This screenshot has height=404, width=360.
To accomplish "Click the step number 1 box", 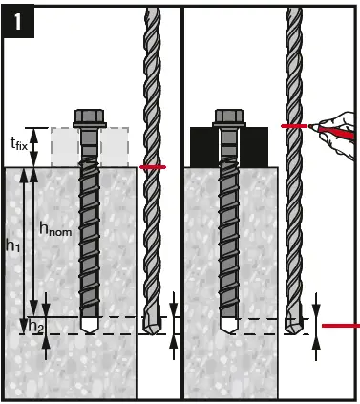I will pos(19,19).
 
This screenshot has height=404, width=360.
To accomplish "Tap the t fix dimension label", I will pos(18,144).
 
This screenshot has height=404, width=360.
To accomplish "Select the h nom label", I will pos(54,228).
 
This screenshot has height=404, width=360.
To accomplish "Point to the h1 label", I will pos(13,245).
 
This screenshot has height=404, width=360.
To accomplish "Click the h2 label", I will pos(36,327).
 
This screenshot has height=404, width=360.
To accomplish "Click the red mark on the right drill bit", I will pos(292,125).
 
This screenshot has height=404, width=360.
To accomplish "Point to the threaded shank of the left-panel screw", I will pos(88,239).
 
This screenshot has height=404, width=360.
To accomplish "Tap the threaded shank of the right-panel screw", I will pos(229,239).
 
